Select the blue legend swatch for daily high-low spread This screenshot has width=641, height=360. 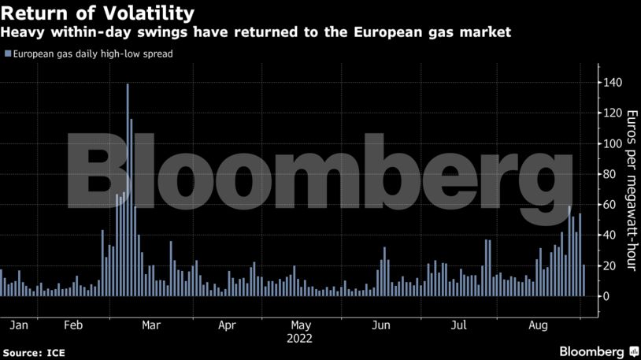(x=8, y=54)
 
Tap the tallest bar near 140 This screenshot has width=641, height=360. (x=128, y=189)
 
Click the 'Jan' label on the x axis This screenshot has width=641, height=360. (x=20, y=325)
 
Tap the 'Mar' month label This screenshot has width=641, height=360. (x=151, y=325)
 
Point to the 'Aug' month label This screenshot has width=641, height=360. (x=539, y=325)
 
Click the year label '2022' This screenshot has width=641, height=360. (x=300, y=340)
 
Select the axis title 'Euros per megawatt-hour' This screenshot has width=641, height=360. (x=629, y=190)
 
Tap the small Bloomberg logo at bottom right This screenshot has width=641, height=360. (x=598, y=351)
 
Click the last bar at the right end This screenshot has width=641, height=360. (x=584, y=280)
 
